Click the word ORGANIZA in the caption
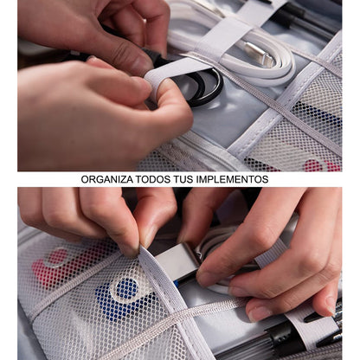click(x=107, y=179)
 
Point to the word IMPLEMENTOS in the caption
click(x=232, y=179)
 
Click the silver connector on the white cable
click(x=259, y=53)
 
